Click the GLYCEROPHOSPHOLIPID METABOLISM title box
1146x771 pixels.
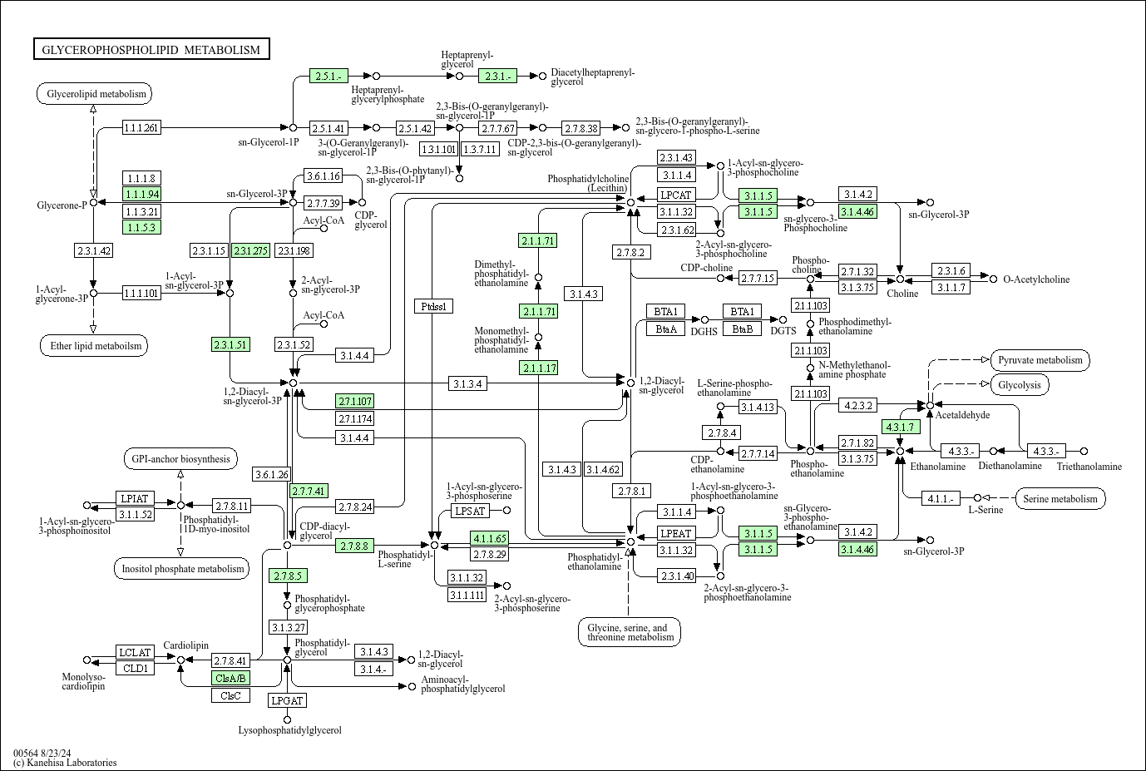click(151, 50)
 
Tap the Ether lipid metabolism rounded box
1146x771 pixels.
click(93, 346)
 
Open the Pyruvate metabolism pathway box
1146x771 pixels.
click(1040, 360)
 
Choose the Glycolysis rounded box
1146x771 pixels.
click(1020, 385)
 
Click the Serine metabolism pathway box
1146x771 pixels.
click(1060, 499)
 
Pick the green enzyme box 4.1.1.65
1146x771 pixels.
click(488, 538)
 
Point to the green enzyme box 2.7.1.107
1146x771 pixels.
click(355, 401)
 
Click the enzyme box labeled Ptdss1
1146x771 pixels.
click(433, 306)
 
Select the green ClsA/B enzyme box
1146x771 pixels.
click(230, 678)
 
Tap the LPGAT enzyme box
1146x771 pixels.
click(287, 700)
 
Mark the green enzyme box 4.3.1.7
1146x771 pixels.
click(900, 428)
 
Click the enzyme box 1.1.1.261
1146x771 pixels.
click(141, 127)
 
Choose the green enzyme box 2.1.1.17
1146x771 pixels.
click(538, 368)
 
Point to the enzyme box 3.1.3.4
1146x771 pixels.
click(468, 383)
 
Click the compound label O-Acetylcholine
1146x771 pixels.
click(1036, 279)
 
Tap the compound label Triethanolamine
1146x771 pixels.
click(1089, 467)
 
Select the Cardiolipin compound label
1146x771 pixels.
click(185, 645)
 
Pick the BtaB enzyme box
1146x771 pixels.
click(742, 329)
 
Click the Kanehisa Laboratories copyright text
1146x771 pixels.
click(65, 763)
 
